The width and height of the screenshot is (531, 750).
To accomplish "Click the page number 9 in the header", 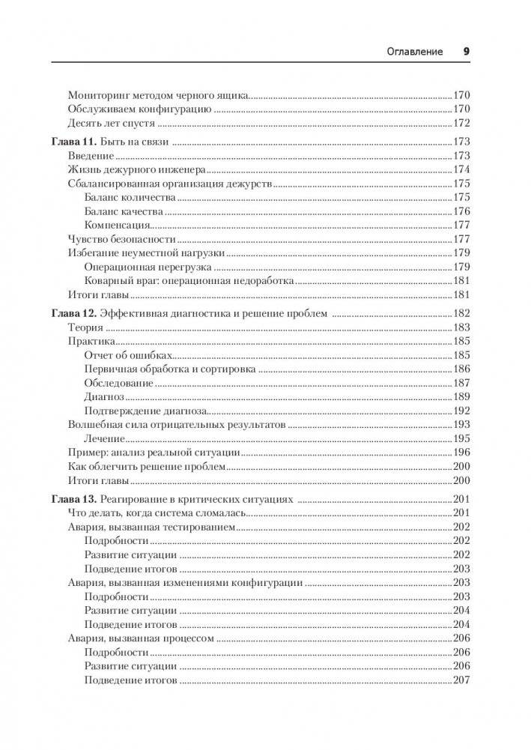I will [465, 52].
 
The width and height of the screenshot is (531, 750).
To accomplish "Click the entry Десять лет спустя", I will [112, 123].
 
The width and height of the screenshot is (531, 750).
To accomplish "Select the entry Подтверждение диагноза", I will [145, 411].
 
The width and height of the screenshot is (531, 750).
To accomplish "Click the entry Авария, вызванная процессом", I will [142, 638].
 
